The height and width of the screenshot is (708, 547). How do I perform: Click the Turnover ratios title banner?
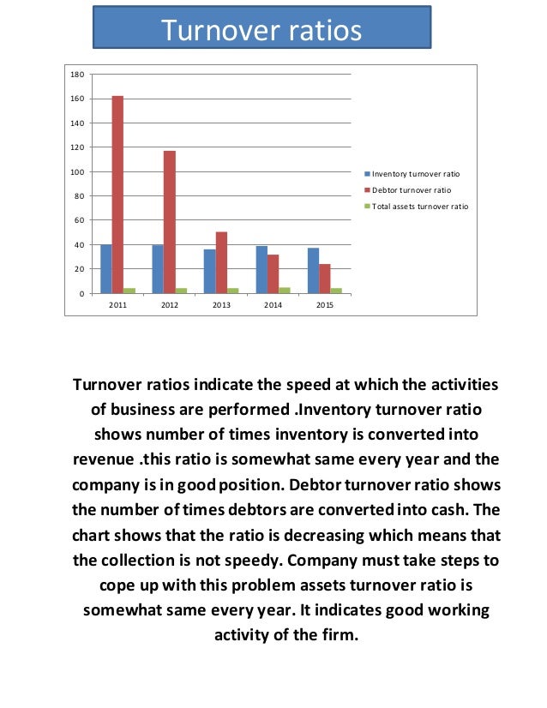coord(261,31)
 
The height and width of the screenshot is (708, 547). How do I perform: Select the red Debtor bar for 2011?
coord(117,195)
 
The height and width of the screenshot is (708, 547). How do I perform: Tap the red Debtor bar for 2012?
coord(170,222)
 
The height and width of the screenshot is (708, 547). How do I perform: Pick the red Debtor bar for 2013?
coord(221,262)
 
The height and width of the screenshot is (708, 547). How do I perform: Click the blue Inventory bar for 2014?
coord(261,269)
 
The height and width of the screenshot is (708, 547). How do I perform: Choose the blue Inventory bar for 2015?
coord(313,270)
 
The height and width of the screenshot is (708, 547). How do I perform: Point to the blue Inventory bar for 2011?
coord(105,269)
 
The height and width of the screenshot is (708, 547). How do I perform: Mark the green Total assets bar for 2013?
coord(233,291)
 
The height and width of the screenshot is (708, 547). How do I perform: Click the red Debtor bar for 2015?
coord(325,279)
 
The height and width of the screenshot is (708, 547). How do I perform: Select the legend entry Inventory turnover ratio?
coord(415,173)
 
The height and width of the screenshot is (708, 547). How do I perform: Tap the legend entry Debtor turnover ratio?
coord(411,189)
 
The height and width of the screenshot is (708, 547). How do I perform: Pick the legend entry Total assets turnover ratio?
coord(419,207)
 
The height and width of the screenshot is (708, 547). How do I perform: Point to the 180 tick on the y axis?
coord(76,75)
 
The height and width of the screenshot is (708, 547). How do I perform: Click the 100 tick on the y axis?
coord(76,171)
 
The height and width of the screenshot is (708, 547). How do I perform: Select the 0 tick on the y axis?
coord(81,294)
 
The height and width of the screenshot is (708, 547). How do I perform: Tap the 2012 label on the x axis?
coord(170,305)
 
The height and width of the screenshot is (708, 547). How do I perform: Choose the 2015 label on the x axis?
coord(325,305)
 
